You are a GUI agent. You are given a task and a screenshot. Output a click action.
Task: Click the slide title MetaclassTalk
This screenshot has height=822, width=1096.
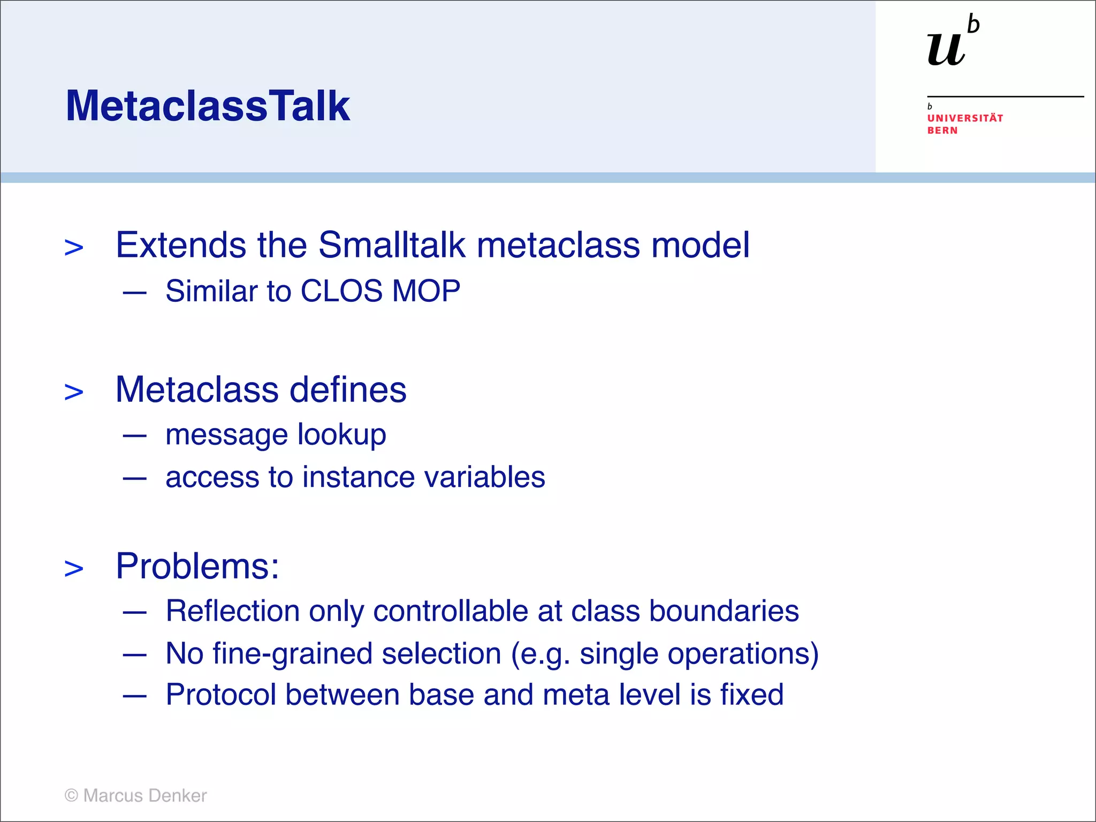point(208,106)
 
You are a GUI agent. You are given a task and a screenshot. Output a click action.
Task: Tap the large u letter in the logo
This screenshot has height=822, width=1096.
point(946,49)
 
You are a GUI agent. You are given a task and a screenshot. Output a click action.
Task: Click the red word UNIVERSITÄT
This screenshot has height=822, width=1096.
point(965,118)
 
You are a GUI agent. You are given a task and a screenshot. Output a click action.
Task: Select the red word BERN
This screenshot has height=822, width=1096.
point(942,131)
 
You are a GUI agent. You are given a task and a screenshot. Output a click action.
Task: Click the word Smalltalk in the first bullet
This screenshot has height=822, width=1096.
point(392,245)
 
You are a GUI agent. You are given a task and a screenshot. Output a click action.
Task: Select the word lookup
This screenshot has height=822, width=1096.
point(341,435)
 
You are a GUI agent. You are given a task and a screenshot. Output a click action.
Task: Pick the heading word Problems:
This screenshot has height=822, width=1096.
point(197,566)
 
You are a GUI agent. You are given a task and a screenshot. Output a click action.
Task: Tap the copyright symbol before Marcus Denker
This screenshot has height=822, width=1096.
point(71,795)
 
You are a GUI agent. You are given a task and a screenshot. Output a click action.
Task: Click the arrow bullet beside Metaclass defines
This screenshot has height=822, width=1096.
point(74,392)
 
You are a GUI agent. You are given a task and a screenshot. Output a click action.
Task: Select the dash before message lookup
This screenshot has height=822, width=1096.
point(134,436)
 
